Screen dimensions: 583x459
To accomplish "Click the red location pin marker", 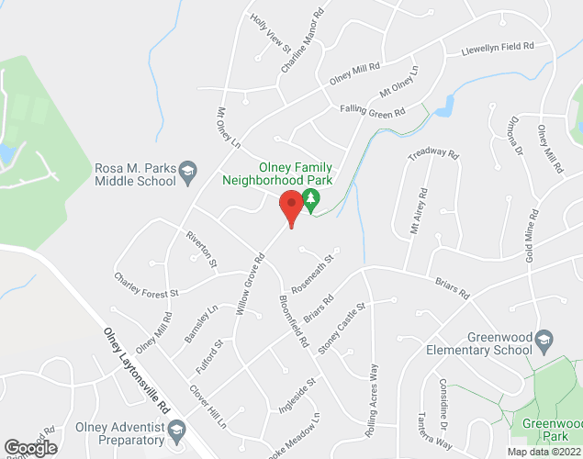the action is (x=292, y=207).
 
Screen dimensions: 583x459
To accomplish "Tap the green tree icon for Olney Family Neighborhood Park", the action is (x=311, y=200).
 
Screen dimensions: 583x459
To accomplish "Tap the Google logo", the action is (x=29, y=447).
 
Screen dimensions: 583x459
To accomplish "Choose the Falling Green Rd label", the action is (x=372, y=112).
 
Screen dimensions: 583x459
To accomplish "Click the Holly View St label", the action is (x=270, y=29).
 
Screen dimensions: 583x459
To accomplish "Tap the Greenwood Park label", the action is (x=549, y=431).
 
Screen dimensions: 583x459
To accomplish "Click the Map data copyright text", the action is (x=544, y=452).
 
